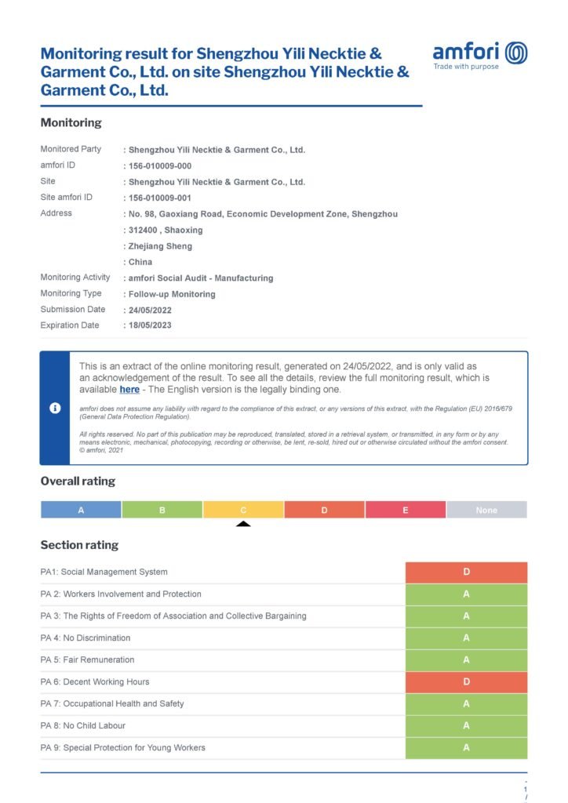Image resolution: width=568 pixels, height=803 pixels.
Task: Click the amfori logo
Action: pos(479,55)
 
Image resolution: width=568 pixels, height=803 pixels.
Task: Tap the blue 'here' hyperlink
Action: pos(129,389)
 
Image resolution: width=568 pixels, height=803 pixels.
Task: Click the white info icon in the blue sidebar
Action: pos(55,408)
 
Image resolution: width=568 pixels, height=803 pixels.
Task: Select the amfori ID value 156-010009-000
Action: pos(159,166)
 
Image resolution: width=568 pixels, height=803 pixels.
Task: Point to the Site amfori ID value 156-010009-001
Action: pos(159,198)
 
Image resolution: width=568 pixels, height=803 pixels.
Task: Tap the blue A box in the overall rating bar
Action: pos(81,510)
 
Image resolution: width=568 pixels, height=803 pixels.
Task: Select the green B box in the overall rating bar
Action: pos(162,510)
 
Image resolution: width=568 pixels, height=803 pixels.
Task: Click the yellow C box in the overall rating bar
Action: pos(243,510)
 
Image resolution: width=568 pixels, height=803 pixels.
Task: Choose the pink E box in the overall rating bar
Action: pos(406,510)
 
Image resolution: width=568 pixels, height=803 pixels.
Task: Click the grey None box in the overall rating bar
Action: pos(486,510)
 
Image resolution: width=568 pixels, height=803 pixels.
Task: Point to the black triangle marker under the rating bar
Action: pos(243,523)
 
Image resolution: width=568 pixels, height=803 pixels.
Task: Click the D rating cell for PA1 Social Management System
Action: pos(466,572)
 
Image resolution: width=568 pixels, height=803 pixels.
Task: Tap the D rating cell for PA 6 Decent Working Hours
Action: pos(466,682)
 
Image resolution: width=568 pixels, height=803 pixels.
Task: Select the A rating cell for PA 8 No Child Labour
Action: pos(466,726)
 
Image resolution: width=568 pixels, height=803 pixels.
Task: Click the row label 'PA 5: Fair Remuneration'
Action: pos(87,660)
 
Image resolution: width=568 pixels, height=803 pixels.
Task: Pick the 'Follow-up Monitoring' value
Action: pos(171,295)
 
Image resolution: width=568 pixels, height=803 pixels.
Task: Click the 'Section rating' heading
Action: pos(79,545)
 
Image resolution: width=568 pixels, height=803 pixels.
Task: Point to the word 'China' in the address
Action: pos(140,262)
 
